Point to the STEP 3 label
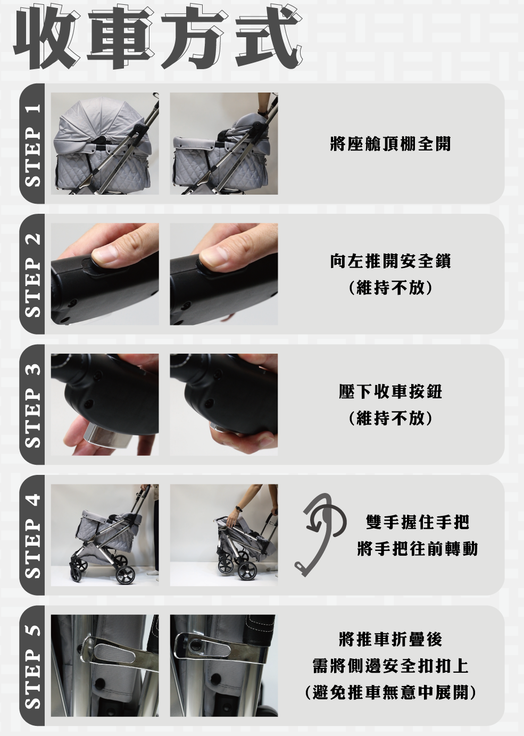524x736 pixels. click(33, 405)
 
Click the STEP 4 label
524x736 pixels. click(33, 536)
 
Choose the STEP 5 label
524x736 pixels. click(33, 666)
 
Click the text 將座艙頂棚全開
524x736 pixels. click(390, 144)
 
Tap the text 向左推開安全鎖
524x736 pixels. click(390, 261)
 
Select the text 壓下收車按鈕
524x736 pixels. click(390, 391)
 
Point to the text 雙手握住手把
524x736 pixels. click(418, 522)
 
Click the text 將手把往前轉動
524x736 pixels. click(418, 549)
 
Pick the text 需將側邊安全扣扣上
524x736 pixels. click(390, 666)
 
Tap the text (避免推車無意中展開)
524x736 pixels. click(390, 692)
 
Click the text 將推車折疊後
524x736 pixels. click(390, 639)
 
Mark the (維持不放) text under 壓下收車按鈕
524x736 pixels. click(390, 419)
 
